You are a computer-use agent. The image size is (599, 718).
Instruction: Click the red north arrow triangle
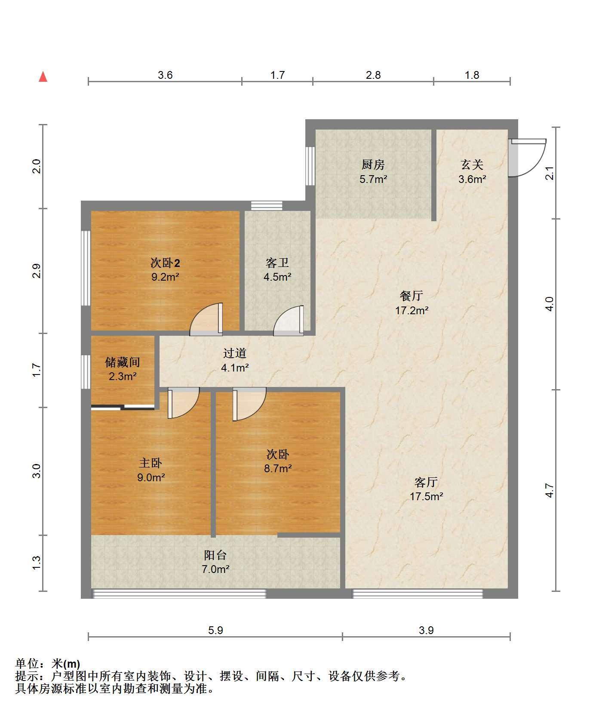pos(43,77)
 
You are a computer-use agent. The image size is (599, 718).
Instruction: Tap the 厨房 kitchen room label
pos(373,164)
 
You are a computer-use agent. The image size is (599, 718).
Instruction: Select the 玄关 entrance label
pos(472,164)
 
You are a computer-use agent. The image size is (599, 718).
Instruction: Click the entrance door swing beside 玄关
pos(527,158)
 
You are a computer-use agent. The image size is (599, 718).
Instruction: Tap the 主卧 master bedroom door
pos(184,403)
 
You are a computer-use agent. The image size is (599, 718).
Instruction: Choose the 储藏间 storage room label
pos(123,362)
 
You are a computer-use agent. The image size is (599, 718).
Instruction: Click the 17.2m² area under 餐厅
pos(412,310)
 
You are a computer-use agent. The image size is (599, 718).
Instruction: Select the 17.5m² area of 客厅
pos(426,496)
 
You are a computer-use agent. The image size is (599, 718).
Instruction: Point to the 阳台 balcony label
pos(215,555)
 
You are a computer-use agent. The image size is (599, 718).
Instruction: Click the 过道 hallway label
pos(235,353)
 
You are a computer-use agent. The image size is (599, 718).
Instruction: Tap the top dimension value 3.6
pos(165,75)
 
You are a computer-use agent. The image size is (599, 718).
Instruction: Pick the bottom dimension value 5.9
pos(215,631)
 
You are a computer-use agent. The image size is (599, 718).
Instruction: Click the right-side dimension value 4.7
pos(550,491)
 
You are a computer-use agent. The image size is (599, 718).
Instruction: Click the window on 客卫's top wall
pos(267,206)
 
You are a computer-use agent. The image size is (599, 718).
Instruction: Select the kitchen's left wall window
pos(310,166)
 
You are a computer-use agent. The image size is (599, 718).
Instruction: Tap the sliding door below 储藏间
pos(123,407)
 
